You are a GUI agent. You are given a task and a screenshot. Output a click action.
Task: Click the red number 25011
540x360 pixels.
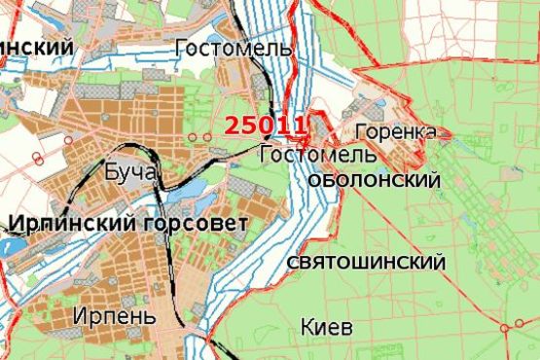(x=266, y=125)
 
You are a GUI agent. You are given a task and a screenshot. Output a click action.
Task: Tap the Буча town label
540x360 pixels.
(x=128, y=172)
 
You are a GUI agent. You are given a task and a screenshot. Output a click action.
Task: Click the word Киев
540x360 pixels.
(x=327, y=327)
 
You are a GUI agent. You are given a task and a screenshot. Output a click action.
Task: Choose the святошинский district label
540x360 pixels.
(x=367, y=263)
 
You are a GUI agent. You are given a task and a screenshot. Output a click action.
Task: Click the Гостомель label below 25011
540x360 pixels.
(x=306, y=154)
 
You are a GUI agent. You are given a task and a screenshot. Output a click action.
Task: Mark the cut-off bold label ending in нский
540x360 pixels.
(x=37, y=47)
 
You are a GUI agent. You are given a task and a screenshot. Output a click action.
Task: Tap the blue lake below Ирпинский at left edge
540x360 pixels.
(x=14, y=247)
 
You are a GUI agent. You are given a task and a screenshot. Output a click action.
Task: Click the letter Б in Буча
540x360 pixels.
(x=107, y=172)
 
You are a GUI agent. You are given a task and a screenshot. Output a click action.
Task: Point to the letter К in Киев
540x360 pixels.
(x=307, y=327)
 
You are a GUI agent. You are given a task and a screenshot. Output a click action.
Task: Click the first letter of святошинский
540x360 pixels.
(x=294, y=264)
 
